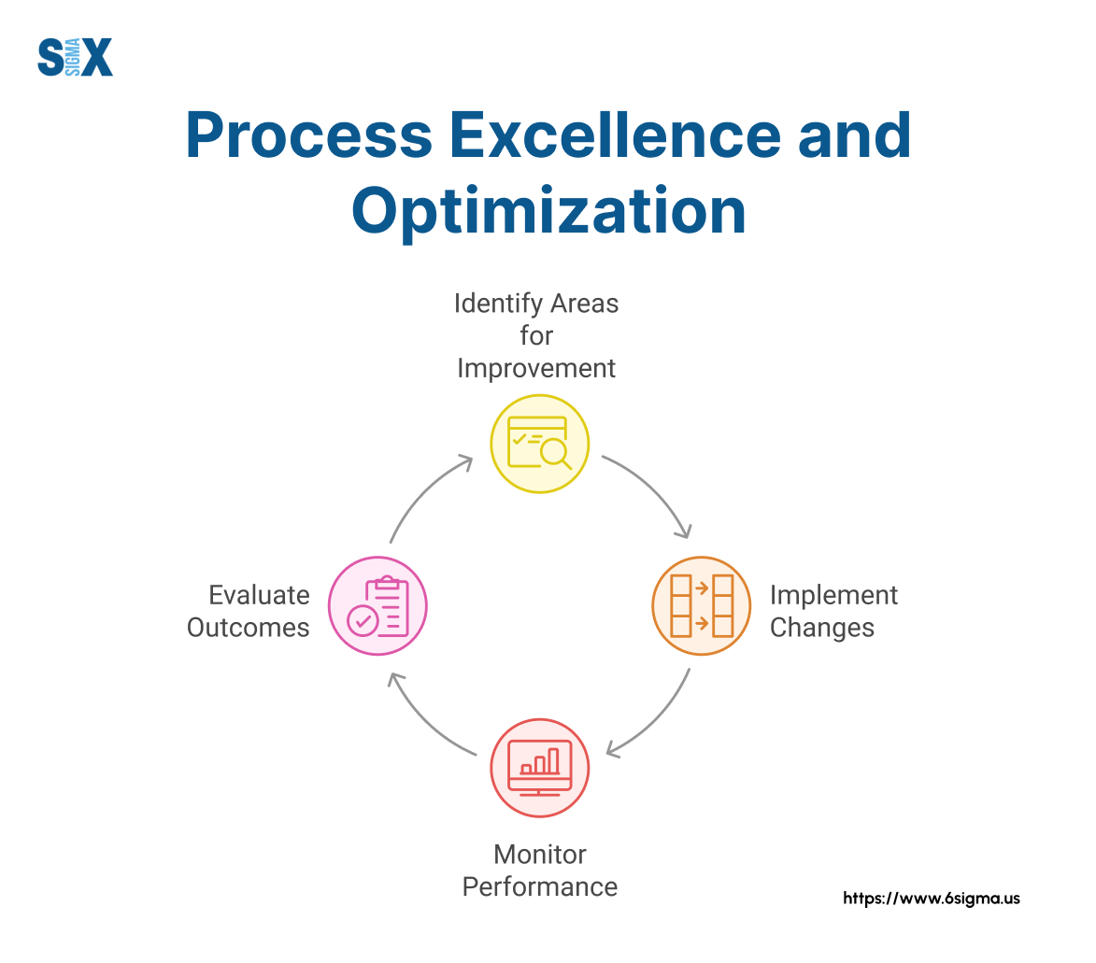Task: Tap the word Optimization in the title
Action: coord(548,212)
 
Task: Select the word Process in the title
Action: coord(308,136)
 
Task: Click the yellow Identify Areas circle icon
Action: coord(540,443)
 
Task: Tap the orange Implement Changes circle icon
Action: coord(701,605)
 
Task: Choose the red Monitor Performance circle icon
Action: coord(540,768)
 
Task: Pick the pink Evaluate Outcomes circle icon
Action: coord(377,605)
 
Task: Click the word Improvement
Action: coord(536,368)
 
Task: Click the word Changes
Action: coord(822,627)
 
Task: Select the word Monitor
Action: coord(540,854)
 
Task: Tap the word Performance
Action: coord(540,885)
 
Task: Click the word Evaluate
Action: coord(259,595)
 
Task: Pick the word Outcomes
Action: coord(249,627)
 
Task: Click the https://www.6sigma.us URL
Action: coord(932,899)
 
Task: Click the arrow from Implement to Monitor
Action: coord(658,719)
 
